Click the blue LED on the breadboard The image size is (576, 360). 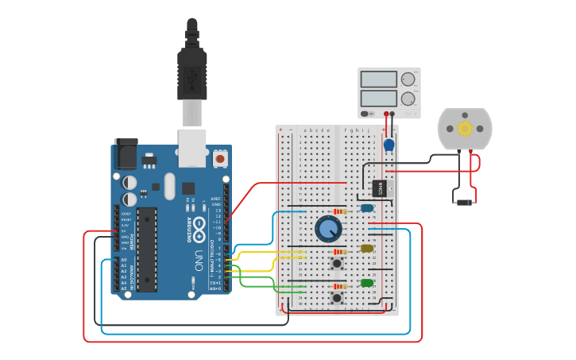[x=366, y=208]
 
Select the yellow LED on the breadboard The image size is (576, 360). [x=367, y=249]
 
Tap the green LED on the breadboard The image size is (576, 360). [x=367, y=283]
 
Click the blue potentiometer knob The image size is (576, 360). [x=328, y=229]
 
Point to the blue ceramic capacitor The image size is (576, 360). [x=389, y=145]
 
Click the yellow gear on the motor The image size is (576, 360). [x=465, y=128]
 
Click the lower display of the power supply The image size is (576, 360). [x=378, y=99]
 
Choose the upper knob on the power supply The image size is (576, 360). [x=408, y=79]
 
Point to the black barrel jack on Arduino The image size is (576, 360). [x=125, y=152]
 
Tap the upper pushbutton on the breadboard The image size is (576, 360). [x=337, y=262]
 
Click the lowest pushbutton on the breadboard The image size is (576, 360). [x=337, y=298]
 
